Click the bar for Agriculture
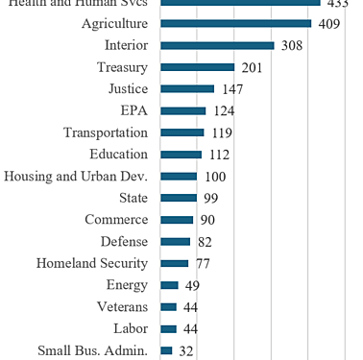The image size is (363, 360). (235, 23)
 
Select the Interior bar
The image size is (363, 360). (217, 45)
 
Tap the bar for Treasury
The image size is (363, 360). (197, 67)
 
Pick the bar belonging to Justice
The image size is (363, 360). (187, 88)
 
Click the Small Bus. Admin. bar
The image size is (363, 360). (166, 350)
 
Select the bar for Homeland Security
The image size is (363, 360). (174, 263)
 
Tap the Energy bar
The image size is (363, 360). (169, 285)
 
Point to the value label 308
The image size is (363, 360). (292, 45)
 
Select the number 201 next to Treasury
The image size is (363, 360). (253, 67)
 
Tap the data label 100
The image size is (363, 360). (215, 177)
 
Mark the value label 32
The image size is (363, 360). (186, 351)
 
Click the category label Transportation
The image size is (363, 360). (106, 132)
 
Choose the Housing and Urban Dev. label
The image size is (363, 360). (76, 176)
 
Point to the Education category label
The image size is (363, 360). (118, 154)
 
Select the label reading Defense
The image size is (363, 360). (124, 241)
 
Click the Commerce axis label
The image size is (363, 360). (116, 219)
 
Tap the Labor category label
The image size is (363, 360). (130, 328)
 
